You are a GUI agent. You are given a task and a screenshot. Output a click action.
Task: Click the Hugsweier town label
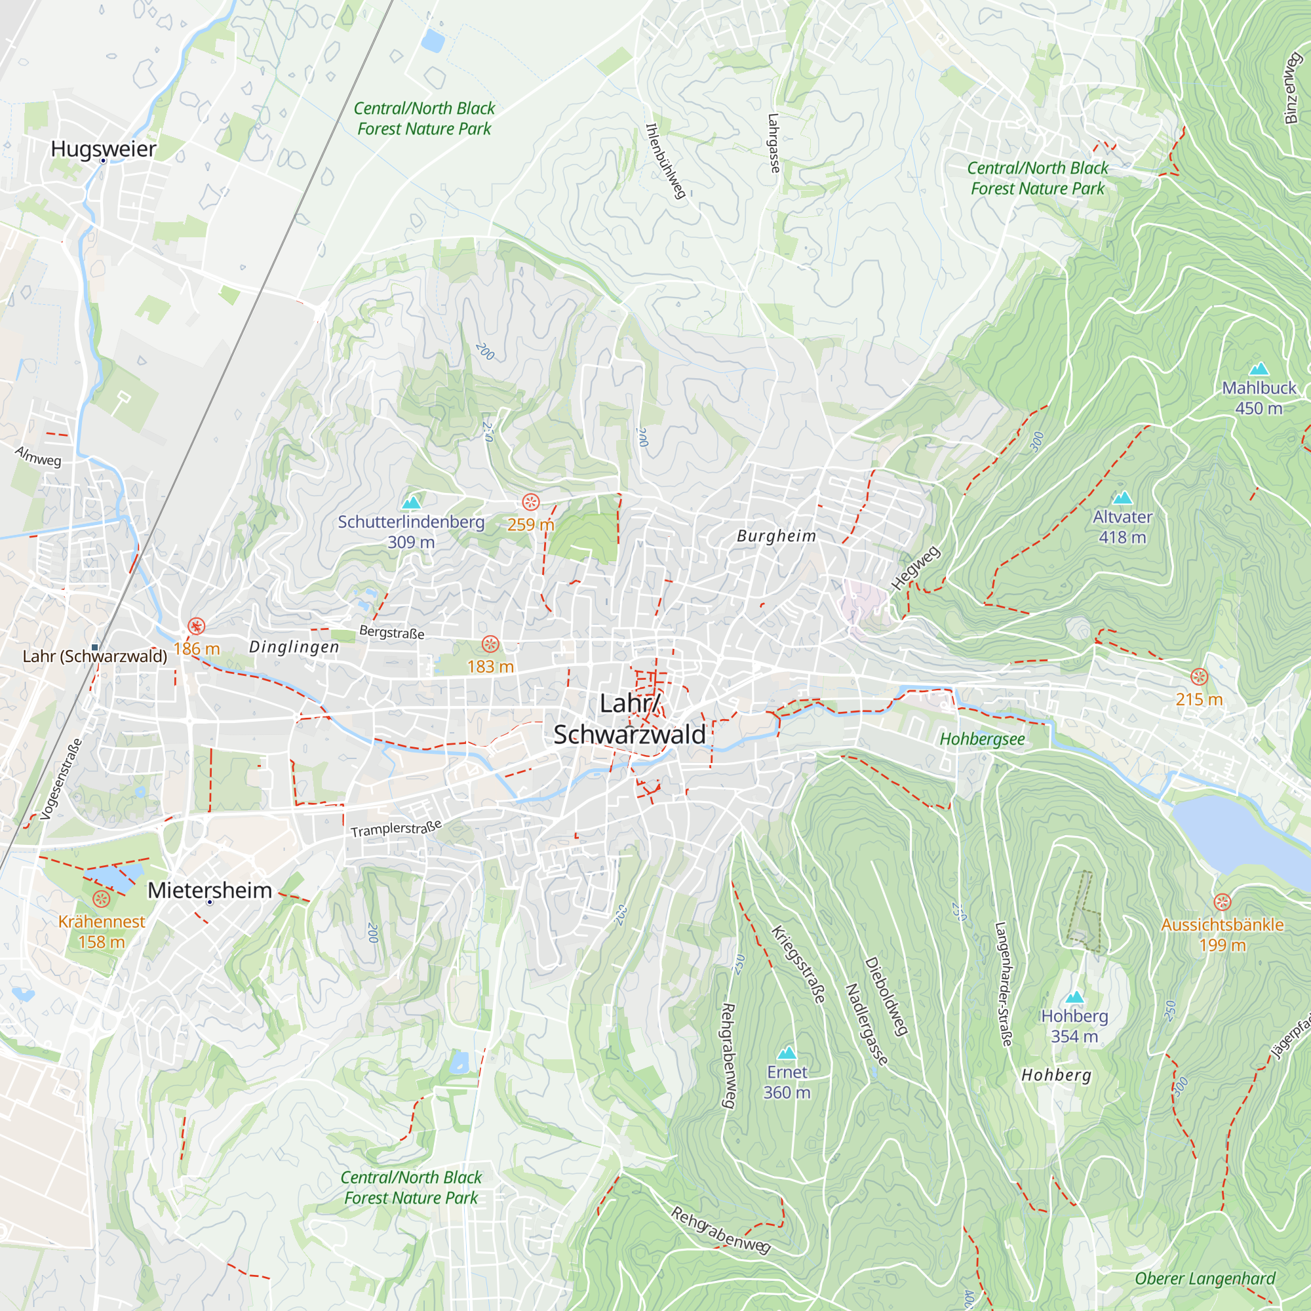[103, 149]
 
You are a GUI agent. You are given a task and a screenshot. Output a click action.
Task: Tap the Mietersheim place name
[210, 890]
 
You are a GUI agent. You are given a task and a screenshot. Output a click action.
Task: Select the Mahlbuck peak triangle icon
[1259, 368]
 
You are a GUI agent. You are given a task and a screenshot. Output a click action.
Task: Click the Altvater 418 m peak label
[1122, 526]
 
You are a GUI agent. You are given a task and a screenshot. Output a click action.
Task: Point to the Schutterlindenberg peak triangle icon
[411, 503]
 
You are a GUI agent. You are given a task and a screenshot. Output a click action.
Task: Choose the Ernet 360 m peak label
[787, 1082]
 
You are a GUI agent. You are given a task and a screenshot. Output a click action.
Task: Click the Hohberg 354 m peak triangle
[1074, 997]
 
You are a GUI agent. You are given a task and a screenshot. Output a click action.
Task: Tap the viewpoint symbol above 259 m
[531, 502]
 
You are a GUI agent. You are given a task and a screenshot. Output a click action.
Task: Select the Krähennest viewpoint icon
[101, 899]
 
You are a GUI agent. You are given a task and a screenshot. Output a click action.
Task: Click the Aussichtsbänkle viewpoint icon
[1222, 902]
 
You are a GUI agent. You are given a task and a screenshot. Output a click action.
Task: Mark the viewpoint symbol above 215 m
[1199, 676]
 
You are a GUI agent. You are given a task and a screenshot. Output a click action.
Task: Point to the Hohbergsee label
[982, 739]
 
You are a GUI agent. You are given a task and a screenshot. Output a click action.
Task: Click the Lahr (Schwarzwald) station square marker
[95, 648]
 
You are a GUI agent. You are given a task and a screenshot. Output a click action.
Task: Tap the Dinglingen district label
[294, 647]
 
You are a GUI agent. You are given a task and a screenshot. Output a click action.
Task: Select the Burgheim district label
[776, 536]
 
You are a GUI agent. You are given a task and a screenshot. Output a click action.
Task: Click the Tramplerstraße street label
[397, 829]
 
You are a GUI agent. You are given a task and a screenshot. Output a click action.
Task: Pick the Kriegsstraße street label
[798, 964]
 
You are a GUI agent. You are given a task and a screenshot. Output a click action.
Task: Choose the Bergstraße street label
[391, 633]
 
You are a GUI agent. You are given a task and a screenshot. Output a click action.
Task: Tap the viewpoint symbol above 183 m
[490, 644]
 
